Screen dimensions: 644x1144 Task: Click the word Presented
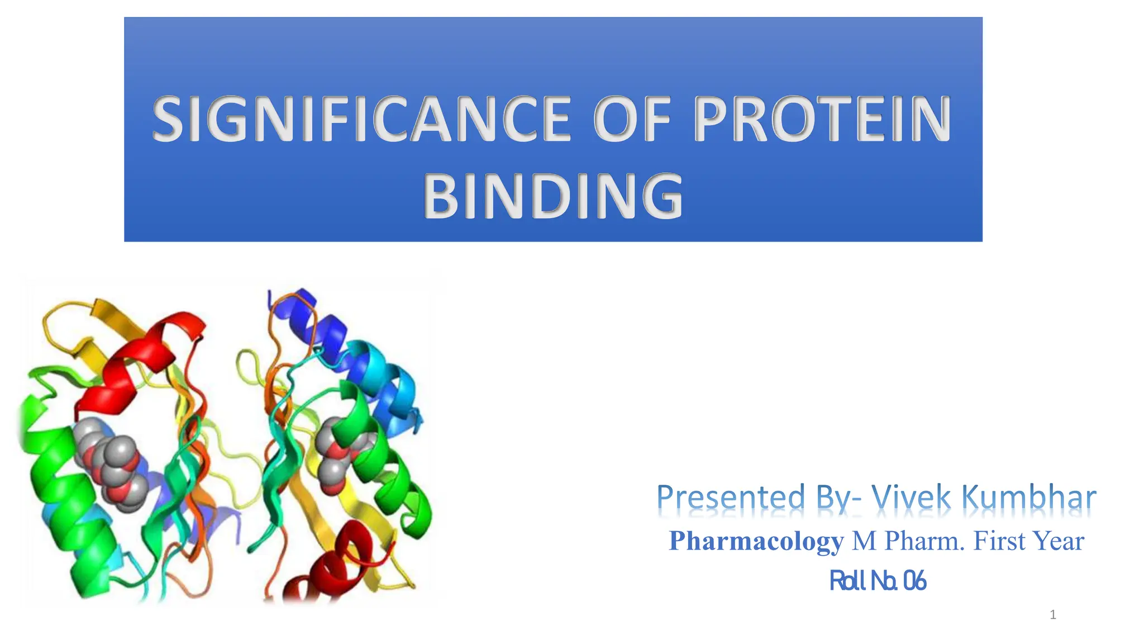pos(731,497)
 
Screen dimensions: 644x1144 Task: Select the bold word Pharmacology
pos(756,541)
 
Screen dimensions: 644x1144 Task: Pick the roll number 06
pos(914,581)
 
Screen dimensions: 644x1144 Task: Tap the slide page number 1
pos(1053,615)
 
